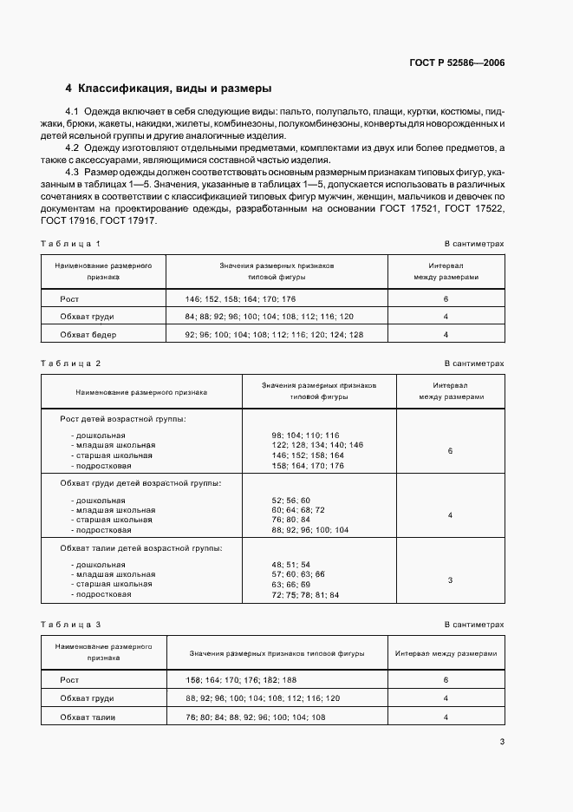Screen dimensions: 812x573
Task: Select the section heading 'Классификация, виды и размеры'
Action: [174, 88]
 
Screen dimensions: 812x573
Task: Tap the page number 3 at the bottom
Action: [502, 741]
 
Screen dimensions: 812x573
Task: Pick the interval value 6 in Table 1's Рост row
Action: [446, 298]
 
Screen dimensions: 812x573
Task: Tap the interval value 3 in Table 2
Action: [450, 580]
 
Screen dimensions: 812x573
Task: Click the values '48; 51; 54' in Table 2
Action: [291, 564]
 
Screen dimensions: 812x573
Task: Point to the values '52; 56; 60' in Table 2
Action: [291, 501]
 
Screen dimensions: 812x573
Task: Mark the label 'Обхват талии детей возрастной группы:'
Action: [140, 547]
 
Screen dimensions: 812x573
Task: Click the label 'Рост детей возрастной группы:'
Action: [122, 418]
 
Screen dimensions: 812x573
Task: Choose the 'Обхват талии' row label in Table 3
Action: [88, 717]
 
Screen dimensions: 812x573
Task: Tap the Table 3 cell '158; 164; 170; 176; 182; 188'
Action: [240, 680]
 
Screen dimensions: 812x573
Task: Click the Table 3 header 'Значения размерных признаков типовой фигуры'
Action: [277, 652]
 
